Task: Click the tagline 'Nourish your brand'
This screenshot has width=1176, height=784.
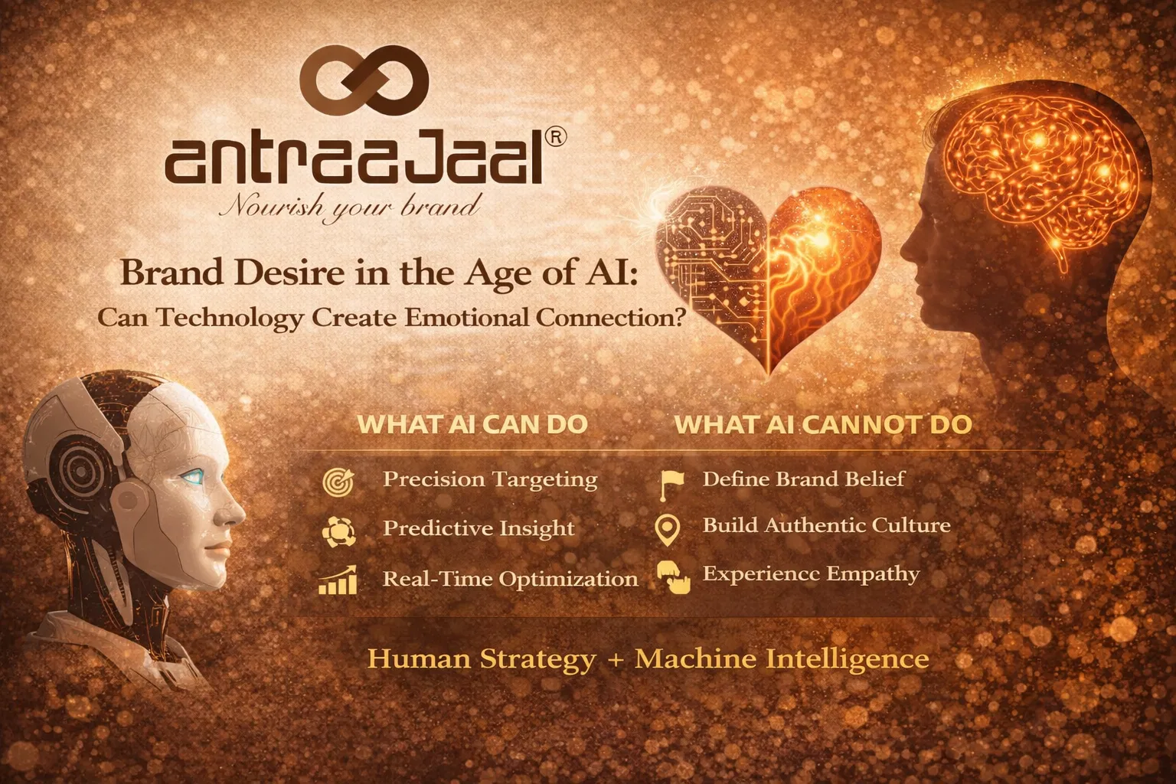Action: [x=350, y=205]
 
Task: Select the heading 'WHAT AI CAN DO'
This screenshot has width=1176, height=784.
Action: [x=472, y=425]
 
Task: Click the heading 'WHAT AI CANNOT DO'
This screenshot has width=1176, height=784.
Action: [x=822, y=425]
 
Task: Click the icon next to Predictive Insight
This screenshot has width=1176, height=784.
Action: [x=338, y=531]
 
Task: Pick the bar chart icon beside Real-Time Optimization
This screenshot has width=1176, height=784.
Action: [x=338, y=580]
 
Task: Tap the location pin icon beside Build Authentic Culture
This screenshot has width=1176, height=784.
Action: [x=668, y=529]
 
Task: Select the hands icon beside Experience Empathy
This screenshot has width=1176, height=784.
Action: [x=674, y=577]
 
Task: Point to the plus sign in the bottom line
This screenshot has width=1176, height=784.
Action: [x=615, y=659]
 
